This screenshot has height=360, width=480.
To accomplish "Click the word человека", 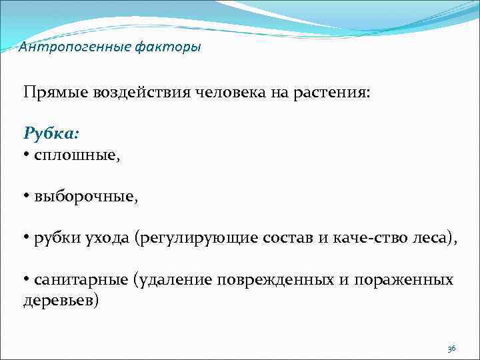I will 230,91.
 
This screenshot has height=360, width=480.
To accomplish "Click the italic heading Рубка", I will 51,133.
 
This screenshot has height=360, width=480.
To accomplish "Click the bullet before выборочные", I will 27,197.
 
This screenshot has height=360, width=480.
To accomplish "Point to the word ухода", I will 108,239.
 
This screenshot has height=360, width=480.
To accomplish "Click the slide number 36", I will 451,349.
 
